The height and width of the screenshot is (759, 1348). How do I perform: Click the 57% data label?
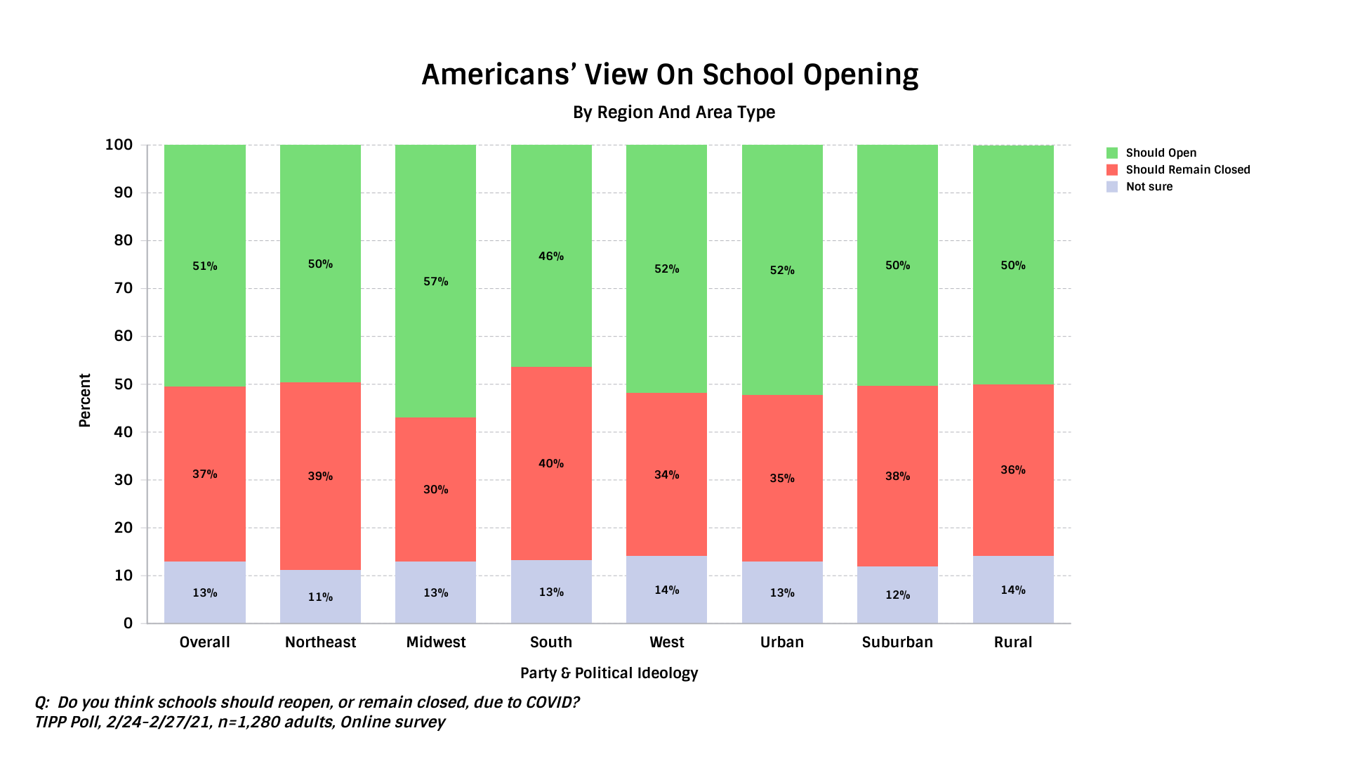click(435, 282)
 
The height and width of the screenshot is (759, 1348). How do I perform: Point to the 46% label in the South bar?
click(551, 257)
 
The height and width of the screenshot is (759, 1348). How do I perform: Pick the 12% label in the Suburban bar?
click(897, 595)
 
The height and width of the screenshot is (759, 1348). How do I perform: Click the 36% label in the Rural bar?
click(1012, 470)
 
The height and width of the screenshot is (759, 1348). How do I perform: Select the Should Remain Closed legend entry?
click(1187, 170)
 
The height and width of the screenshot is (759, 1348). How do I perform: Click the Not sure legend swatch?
click(1112, 187)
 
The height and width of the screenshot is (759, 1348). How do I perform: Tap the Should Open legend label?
click(1161, 153)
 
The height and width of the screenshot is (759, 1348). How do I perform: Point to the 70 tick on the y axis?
click(123, 288)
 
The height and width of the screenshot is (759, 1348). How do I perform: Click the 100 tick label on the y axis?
click(119, 145)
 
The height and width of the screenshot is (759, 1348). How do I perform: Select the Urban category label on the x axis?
click(781, 642)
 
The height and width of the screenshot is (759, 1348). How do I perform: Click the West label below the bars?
click(666, 642)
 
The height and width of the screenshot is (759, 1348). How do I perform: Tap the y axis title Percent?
click(85, 400)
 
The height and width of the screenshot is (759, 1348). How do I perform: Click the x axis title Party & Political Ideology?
click(609, 673)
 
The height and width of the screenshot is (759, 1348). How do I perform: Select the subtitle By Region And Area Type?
click(673, 112)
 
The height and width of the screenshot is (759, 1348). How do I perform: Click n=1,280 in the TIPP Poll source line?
click(246, 722)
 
